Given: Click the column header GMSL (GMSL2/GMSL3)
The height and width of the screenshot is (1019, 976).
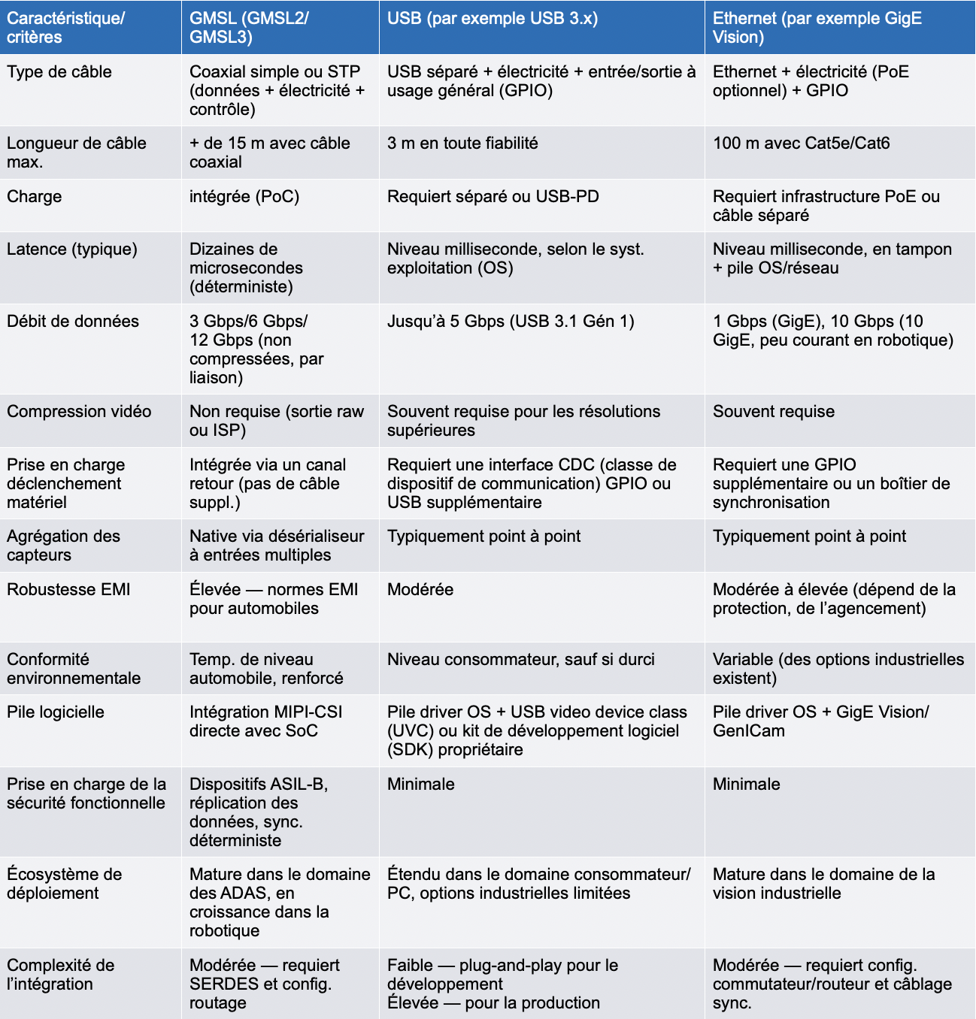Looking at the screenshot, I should point(249,28).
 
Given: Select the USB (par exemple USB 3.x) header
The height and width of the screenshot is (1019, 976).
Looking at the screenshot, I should point(493,19).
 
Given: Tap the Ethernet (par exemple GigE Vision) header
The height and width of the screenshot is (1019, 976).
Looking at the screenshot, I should point(817,28).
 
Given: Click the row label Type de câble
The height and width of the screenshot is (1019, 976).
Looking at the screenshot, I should point(59,72).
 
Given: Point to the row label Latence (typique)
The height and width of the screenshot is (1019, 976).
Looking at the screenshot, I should point(72,249).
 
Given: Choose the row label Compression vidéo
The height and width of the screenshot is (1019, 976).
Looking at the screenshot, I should point(79,412).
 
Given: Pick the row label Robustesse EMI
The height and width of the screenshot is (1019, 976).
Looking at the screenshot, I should point(68,590).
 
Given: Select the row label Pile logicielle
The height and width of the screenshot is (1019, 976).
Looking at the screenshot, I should point(56,712).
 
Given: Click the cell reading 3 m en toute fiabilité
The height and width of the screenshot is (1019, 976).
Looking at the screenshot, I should point(462,144).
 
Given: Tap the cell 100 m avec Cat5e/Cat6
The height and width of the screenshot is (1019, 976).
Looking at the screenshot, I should point(801,144).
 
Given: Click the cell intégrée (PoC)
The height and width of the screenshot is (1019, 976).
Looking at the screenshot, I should point(244,197).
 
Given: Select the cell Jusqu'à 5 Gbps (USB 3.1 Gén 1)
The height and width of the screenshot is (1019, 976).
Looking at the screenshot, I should point(511,322).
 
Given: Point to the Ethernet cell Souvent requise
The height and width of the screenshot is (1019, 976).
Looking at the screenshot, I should point(773,412).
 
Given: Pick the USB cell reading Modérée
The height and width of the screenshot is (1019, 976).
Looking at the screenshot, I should point(420,590).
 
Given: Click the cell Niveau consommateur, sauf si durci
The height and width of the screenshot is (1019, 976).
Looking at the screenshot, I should point(520,660).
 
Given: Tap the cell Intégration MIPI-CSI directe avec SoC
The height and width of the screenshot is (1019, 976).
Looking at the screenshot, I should point(265,721).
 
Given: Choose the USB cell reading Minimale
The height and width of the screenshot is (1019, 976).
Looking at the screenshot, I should point(421,785).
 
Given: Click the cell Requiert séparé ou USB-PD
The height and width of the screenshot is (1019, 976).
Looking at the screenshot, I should point(493,197).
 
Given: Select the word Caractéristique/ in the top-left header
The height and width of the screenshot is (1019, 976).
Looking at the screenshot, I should point(66,19).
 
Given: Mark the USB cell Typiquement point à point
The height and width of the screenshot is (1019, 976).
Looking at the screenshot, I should point(483,537).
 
